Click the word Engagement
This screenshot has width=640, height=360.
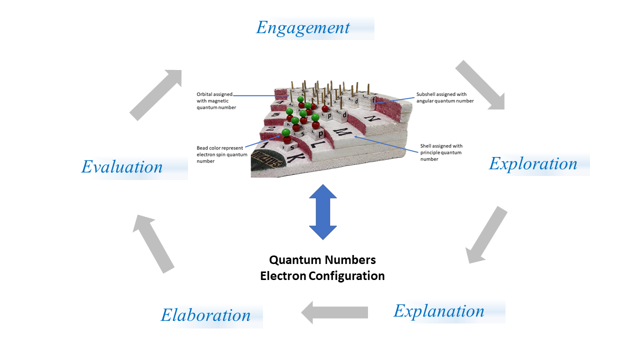303,28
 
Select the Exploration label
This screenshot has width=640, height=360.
533,164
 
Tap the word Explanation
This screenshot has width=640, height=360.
439,311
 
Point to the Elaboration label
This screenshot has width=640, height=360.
205,315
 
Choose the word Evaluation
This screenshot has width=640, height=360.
122,167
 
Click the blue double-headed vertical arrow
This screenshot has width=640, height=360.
323,212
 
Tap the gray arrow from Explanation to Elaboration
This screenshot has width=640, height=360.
334,312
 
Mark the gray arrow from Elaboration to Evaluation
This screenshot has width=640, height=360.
153,243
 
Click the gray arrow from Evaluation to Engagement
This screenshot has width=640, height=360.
156,94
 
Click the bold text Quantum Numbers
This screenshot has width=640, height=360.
322,260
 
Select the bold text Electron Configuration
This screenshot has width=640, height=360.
322,276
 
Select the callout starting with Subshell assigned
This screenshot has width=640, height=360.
445,97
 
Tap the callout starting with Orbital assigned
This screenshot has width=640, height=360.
216,100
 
